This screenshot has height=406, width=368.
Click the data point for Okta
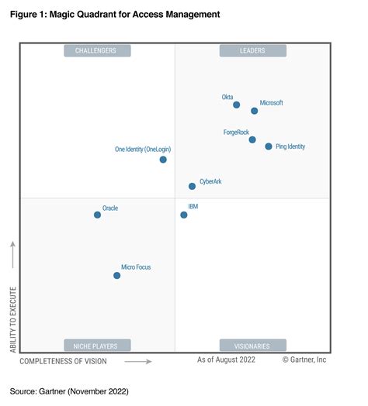[236, 105]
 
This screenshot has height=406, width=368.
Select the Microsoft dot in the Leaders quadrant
[255, 111]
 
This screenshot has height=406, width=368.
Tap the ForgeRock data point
[252, 139]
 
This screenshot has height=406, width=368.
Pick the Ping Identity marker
[269, 146]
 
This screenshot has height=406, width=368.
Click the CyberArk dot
[192, 186]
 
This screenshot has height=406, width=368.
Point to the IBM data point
[184, 215]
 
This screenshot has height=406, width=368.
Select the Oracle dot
[97, 215]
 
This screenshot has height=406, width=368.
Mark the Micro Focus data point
[117, 275]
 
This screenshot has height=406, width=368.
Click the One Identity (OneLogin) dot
[163, 160]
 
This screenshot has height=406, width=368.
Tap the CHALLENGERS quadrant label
[97, 51]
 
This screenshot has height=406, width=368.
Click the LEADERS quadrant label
[253, 51]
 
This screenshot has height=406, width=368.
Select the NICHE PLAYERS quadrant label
[97, 346]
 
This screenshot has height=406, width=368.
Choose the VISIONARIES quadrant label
[253, 346]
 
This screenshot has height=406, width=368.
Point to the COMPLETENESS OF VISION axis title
[64, 361]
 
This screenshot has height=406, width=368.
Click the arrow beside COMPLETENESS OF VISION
[138, 361]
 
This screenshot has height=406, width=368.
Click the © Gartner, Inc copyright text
[304, 360]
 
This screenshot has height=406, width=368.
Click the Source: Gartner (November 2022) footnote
[69, 391]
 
